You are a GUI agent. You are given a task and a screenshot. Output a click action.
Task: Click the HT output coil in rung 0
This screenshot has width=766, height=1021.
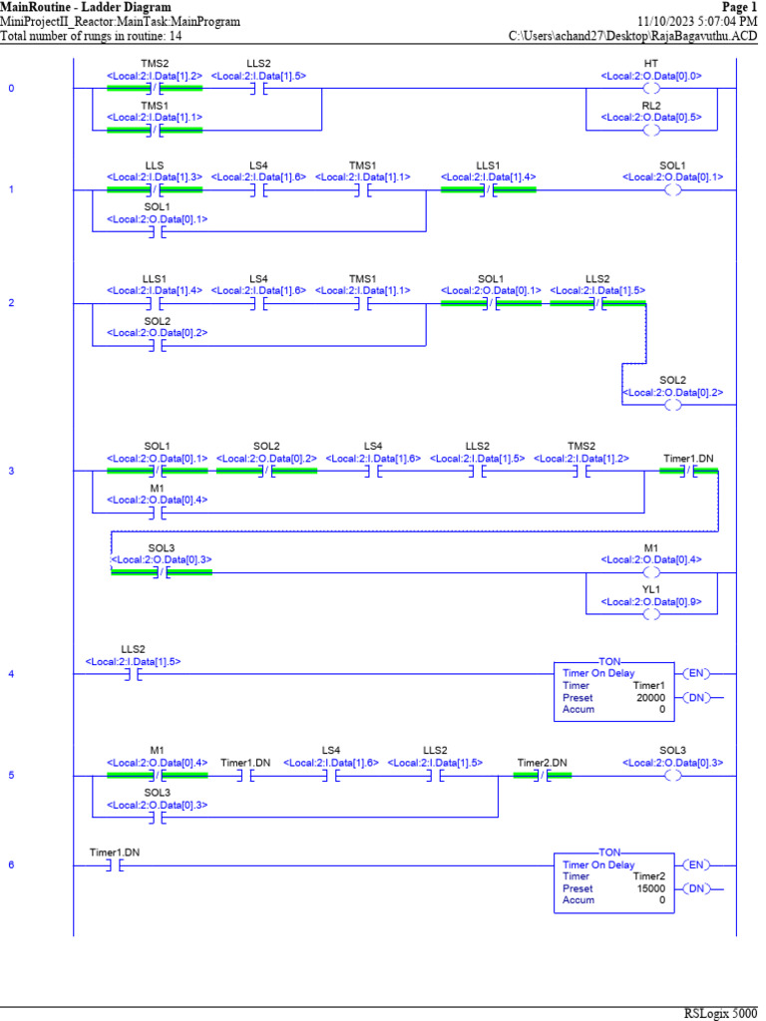(x=651, y=89)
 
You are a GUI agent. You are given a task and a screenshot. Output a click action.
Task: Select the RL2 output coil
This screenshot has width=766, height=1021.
(x=651, y=131)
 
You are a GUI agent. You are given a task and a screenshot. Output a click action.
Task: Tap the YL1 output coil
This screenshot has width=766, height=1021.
(x=651, y=614)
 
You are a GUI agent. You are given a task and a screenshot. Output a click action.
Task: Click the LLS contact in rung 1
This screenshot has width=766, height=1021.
(x=154, y=189)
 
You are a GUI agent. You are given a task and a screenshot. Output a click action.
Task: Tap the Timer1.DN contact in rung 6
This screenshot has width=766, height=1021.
(x=114, y=865)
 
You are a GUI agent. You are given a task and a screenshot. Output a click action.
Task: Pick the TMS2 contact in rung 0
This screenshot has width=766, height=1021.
(x=154, y=89)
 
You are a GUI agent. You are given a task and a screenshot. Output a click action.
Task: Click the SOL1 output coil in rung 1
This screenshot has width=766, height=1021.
(x=672, y=189)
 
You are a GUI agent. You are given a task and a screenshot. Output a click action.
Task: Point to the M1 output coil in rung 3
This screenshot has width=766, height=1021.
(x=651, y=573)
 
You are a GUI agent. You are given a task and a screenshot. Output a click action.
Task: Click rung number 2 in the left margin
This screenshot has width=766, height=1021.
(x=11, y=302)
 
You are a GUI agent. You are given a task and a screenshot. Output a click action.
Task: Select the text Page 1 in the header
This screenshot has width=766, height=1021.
(x=739, y=6)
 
